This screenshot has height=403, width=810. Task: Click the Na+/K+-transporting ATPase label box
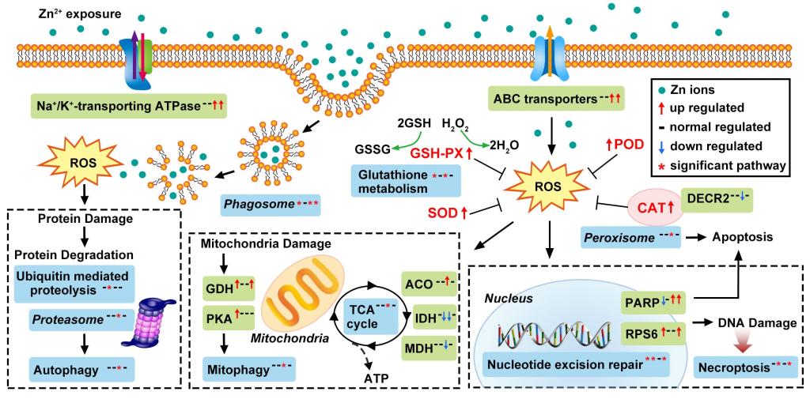click(119, 103)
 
